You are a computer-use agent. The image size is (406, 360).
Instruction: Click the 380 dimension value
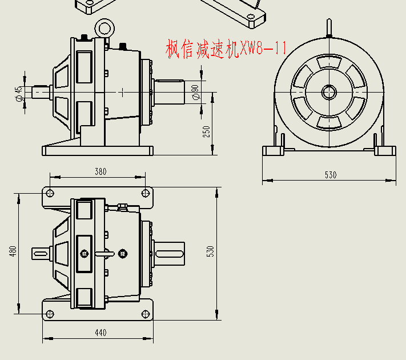(x=101, y=171)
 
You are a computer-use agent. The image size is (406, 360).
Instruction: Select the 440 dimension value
(x=101, y=333)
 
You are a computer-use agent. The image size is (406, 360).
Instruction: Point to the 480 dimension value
(x=13, y=251)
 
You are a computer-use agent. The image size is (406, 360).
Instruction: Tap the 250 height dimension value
(x=207, y=131)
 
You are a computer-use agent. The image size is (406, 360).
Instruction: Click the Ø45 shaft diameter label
(x=19, y=94)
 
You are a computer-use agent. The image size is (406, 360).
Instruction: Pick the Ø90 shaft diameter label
(x=195, y=92)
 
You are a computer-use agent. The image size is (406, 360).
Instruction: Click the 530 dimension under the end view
(x=331, y=175)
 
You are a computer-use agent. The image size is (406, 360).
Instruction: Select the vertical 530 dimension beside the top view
(x=210, y=251)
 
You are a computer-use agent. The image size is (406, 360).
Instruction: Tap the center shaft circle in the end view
(x=328, y=91)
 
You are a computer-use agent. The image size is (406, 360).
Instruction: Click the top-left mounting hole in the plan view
(x=50, y=192)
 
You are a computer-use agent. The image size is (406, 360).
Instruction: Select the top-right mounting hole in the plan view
(x=146, y=192)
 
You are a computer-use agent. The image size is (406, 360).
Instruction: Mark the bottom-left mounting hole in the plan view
(x=50, y=313)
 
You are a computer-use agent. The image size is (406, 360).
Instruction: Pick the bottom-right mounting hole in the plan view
(x=146, y=313)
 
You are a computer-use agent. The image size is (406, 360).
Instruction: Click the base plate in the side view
(x=97, y=151)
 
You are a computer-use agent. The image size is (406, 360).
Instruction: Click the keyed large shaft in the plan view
(x=169, y=252)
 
